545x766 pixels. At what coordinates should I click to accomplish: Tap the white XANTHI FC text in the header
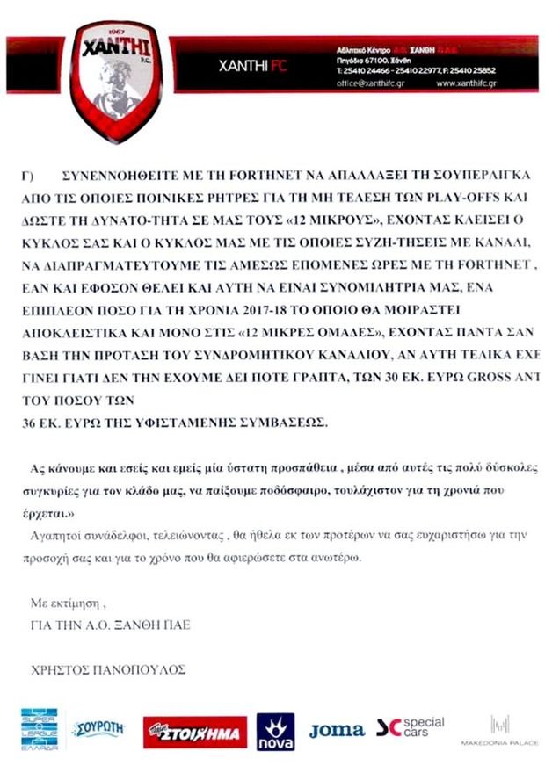point(250,66)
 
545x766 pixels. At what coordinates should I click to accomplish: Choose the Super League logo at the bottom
point(39,728)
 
